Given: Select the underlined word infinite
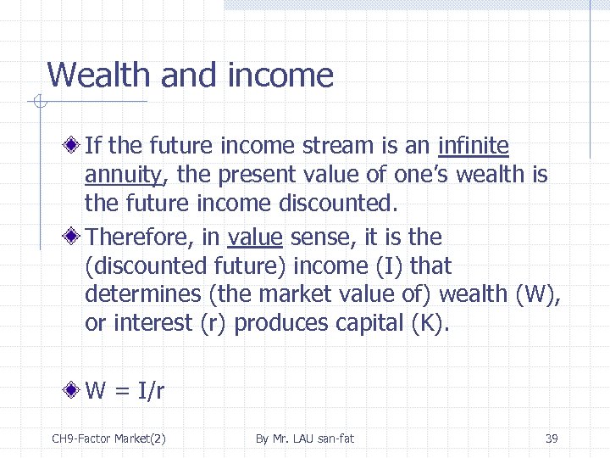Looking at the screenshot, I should [473, 146].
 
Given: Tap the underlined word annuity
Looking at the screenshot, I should [123, 176].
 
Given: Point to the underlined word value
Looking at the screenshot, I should [255, 237].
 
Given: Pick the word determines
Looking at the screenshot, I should [139, 295].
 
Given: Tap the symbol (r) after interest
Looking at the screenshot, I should [213, 324].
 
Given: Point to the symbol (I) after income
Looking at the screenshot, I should [388, 266].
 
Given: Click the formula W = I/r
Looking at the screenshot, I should [125, 390].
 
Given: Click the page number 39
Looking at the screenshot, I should [551, 438].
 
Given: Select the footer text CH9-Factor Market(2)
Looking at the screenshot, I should [108, 438].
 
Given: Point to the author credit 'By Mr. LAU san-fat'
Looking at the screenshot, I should [305, 438].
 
